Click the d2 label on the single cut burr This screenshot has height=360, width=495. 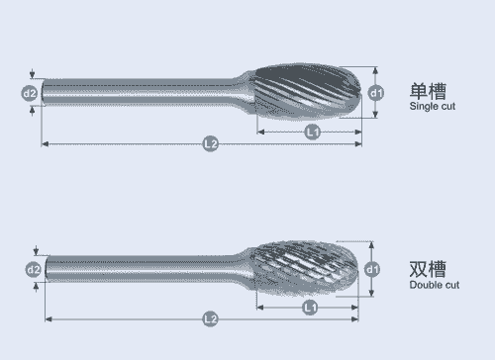30,94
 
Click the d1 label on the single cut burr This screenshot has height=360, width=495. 376,93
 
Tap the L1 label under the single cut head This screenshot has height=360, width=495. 312,132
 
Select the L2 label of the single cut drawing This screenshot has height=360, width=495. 211,143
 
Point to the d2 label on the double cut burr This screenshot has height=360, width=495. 34,270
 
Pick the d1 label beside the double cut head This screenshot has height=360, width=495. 372,269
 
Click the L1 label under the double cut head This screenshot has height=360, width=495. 310,308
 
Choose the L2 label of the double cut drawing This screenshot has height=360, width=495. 211,319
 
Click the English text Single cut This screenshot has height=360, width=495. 433,107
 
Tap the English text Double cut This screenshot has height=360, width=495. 435,285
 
